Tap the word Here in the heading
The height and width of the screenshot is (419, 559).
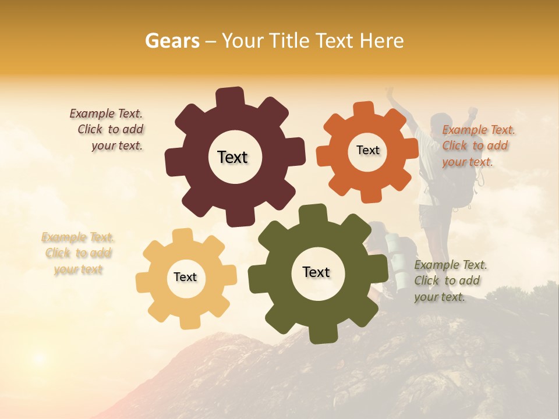coord(381,41)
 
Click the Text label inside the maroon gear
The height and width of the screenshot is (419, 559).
coord(232,157)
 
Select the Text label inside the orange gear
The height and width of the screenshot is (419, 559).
coord(367,150)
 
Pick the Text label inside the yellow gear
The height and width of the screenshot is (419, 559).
coord(185,277)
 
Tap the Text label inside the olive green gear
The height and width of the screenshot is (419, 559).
coord(316,272)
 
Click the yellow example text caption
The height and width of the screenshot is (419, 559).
coord(78,253)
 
